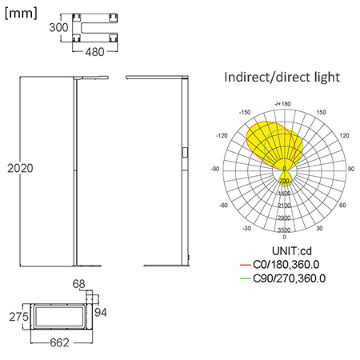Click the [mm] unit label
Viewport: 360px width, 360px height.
click(x=21, y=13)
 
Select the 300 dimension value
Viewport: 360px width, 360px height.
click(x=58, y=27)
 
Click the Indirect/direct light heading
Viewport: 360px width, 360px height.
click(x=283, y=78)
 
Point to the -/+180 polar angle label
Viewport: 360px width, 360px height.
click(x=282, y=103)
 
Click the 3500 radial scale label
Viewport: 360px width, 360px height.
click(x=284, y=230)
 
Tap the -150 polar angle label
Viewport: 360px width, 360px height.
click(x=246, y=113)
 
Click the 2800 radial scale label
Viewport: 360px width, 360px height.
click(x=284, y=218)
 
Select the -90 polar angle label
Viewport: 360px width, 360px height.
click(x=215, y=170)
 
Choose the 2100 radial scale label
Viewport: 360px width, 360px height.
click(x=284, y=206)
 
